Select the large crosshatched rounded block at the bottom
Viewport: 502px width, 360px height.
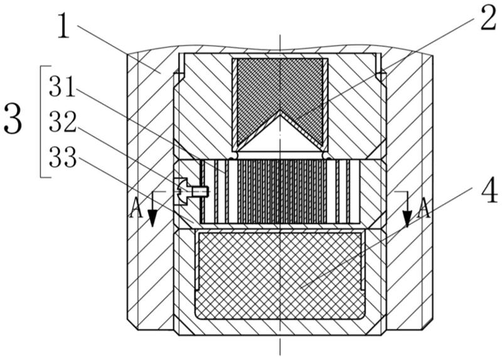click(280, 274)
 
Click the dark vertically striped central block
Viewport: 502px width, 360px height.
click(280, 191)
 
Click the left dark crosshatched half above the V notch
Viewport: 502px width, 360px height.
click(254, 94)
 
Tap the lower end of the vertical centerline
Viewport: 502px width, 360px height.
click(280, 351)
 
